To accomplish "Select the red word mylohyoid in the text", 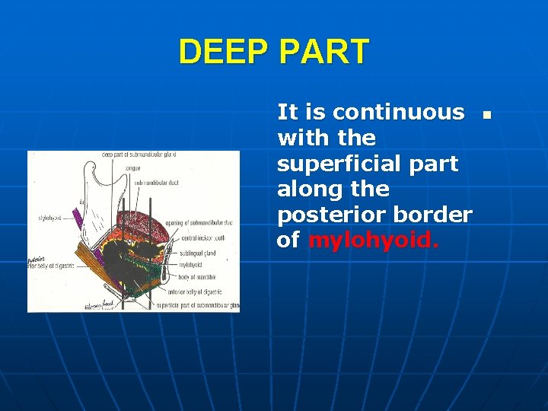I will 373,241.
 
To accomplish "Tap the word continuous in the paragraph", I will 398,113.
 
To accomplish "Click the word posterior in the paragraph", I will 323,215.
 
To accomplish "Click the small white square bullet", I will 487,115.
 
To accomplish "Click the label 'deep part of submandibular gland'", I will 139,155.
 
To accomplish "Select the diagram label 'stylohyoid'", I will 51,218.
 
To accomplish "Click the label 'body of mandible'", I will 197,277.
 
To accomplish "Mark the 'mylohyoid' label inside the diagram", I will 191,266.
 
